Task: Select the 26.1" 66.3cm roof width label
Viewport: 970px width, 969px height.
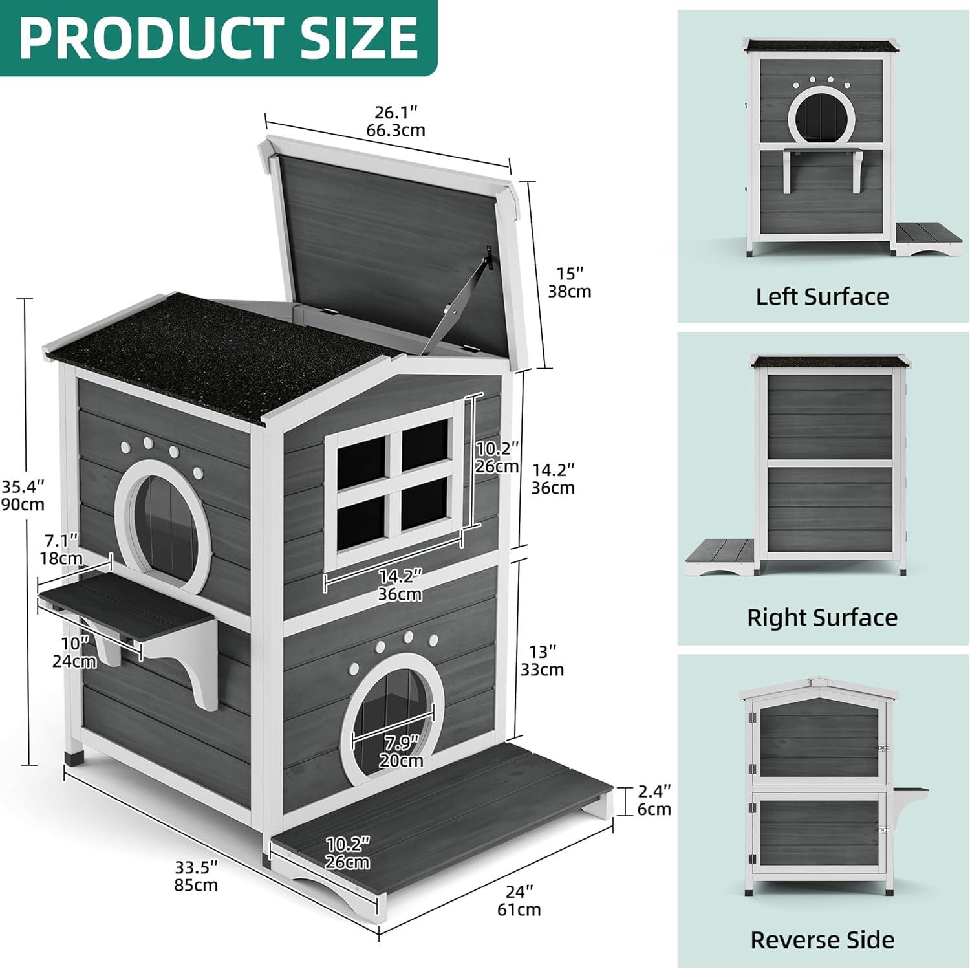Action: pos(396,121)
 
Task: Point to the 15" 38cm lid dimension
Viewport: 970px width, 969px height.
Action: pos(569,282)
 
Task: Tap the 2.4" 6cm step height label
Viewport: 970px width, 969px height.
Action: pos(654,800)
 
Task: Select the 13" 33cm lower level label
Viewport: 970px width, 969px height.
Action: pos(542,660)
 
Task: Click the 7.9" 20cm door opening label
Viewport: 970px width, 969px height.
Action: pos(401,751)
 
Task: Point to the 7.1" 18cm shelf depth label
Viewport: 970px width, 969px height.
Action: pos(61,549)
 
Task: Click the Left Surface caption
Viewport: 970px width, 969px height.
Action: pos(822,296)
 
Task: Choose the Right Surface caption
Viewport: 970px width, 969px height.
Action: pos(822,617)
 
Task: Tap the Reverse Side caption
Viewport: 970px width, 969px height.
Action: pos(822,939)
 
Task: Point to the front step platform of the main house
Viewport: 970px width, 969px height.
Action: pos(440,822)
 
